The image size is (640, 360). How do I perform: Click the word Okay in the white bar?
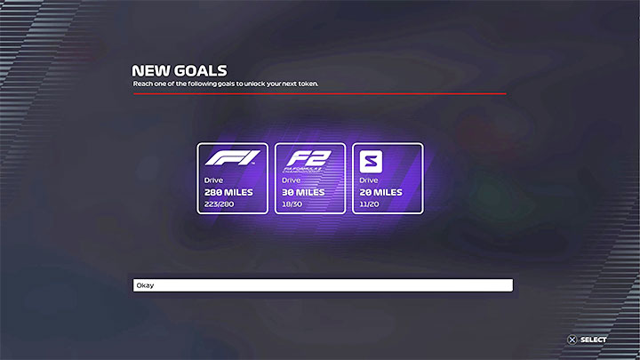pos(144,286)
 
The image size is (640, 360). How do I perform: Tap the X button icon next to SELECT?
pos(572,340)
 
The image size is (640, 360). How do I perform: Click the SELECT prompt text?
pos(593,340)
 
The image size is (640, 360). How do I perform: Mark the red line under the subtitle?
pos(319,93)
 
